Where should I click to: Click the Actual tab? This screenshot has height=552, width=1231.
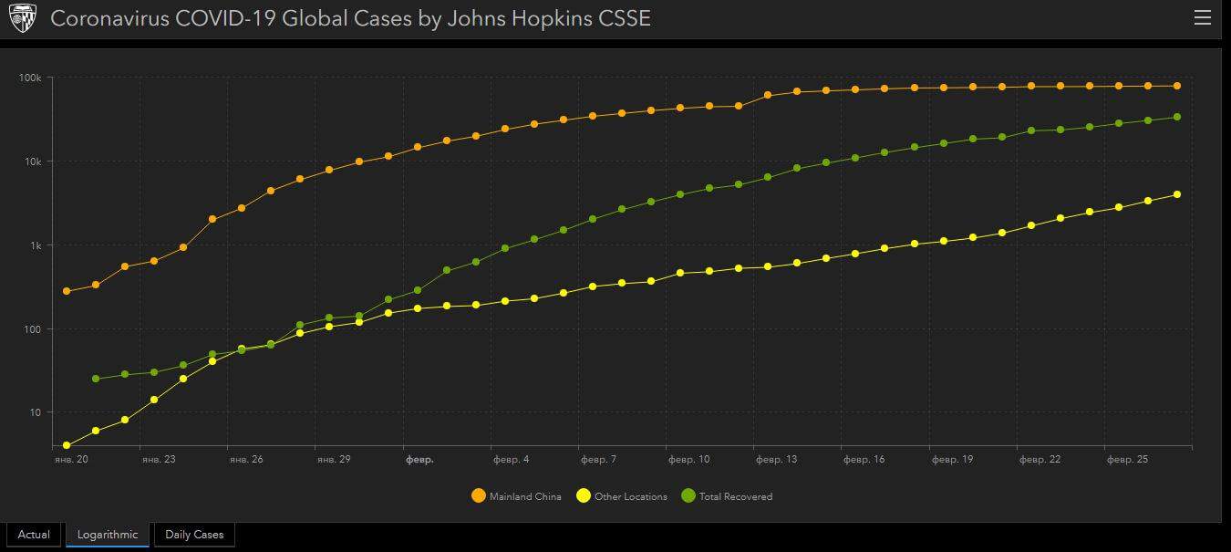34,534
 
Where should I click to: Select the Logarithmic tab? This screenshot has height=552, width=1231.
108,534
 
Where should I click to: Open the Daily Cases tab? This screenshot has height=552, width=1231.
194,534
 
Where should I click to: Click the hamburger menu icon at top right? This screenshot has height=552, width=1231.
1203,18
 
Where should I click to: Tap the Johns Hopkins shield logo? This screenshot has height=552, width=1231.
22,18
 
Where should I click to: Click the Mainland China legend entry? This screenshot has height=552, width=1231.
516,496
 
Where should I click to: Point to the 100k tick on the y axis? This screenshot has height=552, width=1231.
30,78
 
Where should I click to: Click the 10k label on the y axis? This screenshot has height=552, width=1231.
32,161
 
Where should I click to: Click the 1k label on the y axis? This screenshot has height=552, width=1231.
35,245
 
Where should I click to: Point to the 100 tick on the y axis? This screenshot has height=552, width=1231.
33,329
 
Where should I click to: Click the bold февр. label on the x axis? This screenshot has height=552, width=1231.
419,459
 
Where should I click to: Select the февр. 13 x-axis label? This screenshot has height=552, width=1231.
776,459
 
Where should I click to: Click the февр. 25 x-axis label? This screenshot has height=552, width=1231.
1127,459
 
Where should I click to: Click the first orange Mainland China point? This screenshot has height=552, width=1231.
67,291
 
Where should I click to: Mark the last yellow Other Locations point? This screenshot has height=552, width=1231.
1177,194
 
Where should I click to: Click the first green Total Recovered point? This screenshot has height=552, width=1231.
96,379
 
